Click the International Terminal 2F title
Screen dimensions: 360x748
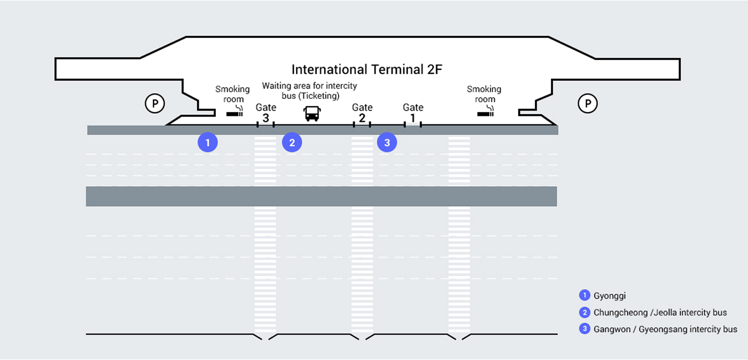[367, 69]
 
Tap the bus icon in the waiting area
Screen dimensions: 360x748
[312, 113]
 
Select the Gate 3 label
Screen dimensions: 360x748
[266, 113]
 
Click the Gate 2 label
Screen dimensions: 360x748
[362, 113]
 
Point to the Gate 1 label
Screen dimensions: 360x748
[412, 113]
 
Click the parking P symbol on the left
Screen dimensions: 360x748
[155, 103]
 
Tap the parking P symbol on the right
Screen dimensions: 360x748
[588, 103]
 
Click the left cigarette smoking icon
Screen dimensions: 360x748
[235, 112]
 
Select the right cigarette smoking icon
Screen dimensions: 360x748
[486, 112]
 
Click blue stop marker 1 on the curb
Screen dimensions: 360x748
[208, 142]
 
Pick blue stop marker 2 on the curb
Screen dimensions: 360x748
[292, 142]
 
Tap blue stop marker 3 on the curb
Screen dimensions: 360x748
[387, 142]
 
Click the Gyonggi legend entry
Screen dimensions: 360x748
[610, 295]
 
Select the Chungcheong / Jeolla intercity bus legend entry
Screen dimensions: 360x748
[660, 312]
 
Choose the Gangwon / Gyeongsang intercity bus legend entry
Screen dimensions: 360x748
[665, 329]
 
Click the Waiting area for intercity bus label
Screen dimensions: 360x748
[309, 90]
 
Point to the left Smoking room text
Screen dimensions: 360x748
[232, 94]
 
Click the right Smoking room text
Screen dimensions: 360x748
[484, 94]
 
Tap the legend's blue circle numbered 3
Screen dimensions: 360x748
[584, 329]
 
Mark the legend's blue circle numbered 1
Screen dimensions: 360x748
[584, 295]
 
